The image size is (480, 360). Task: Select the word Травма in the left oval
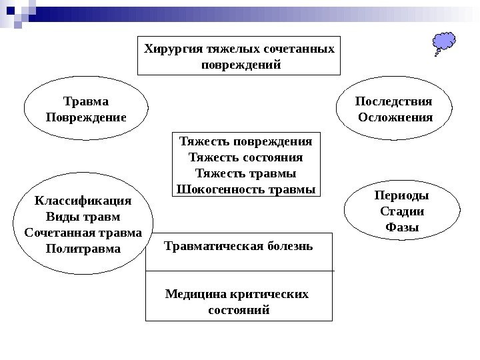pyautogui.click(x=85, y=101)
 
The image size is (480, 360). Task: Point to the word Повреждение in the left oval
pyautogui.click(x=85, y=117)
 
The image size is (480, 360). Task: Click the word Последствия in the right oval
pyautogui.click(x=393, y=101)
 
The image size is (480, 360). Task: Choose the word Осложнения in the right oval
pyautogui.click(x=395, y=117)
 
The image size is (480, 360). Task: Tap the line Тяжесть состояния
pyautogui.click(x=245, y=158)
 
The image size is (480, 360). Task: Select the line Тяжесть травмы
pyautogui.click(x=245, y=174)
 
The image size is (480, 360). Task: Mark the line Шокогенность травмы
pyautogui.click(x=245, y=189)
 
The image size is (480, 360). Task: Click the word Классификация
pyautogui.click(x=83, y=201)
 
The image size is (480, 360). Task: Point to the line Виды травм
pyautogui.click(x=83, y=217)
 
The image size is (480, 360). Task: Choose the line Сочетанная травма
pyautogui.click(x=83, y=233)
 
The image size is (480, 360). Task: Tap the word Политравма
pyautogui.click(x=83, y=249)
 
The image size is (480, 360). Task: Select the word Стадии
pyautogui.click(x=402, y=211)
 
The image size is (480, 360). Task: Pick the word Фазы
pyautogui.click(x=402, y=227)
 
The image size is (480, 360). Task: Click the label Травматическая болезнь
pyautogui.click(x=238, y=246)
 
